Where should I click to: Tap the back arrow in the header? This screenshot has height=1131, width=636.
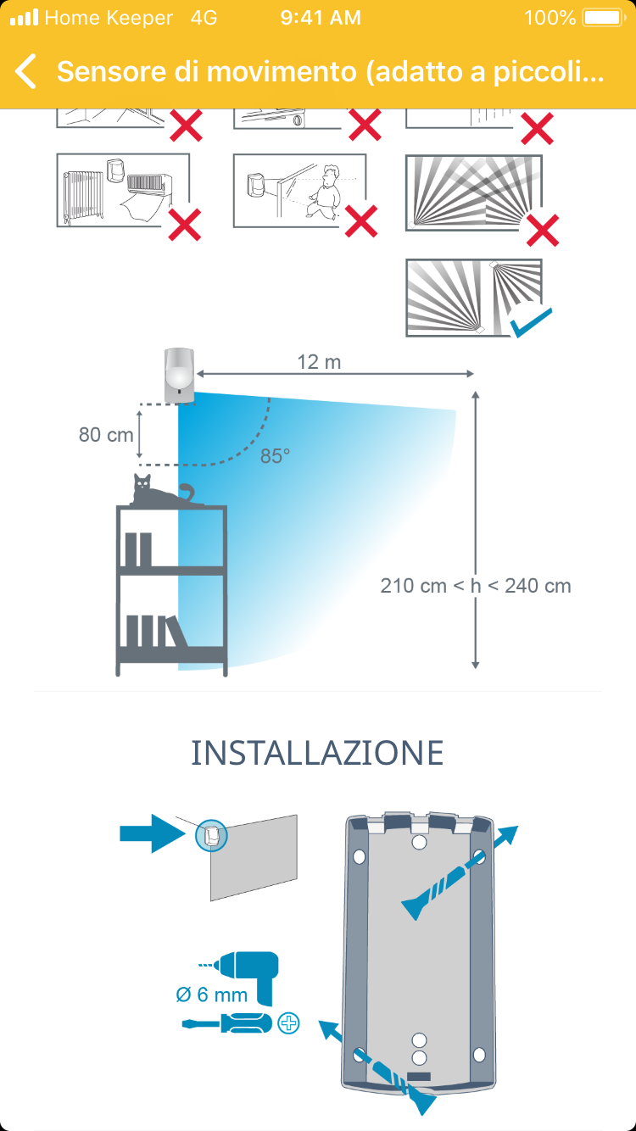26,71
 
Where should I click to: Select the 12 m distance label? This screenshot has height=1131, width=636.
319,362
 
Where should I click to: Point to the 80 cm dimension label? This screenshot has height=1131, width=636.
106,434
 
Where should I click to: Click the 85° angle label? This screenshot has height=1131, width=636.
275,455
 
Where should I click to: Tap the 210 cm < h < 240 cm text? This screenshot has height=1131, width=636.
475,585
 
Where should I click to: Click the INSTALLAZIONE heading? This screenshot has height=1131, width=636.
317,753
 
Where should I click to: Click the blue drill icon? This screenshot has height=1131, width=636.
249,971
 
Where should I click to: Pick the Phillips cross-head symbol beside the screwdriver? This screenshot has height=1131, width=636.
289,1023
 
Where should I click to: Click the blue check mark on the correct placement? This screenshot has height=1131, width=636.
530,322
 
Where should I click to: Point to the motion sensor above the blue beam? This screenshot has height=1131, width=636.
179,374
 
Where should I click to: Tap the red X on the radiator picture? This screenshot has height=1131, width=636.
185,226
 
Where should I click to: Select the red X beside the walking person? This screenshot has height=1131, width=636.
361,222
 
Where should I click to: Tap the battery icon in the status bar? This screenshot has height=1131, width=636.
604,18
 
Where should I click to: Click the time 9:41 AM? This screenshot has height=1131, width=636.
321,18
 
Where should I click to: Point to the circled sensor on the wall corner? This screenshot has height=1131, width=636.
212,835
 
